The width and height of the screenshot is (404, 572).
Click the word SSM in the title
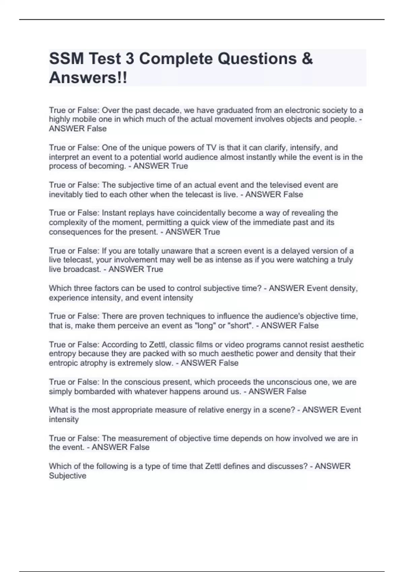pos(66,59)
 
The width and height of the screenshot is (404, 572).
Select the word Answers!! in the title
pos(88,78)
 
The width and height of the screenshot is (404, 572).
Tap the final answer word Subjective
pos(67,476)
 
